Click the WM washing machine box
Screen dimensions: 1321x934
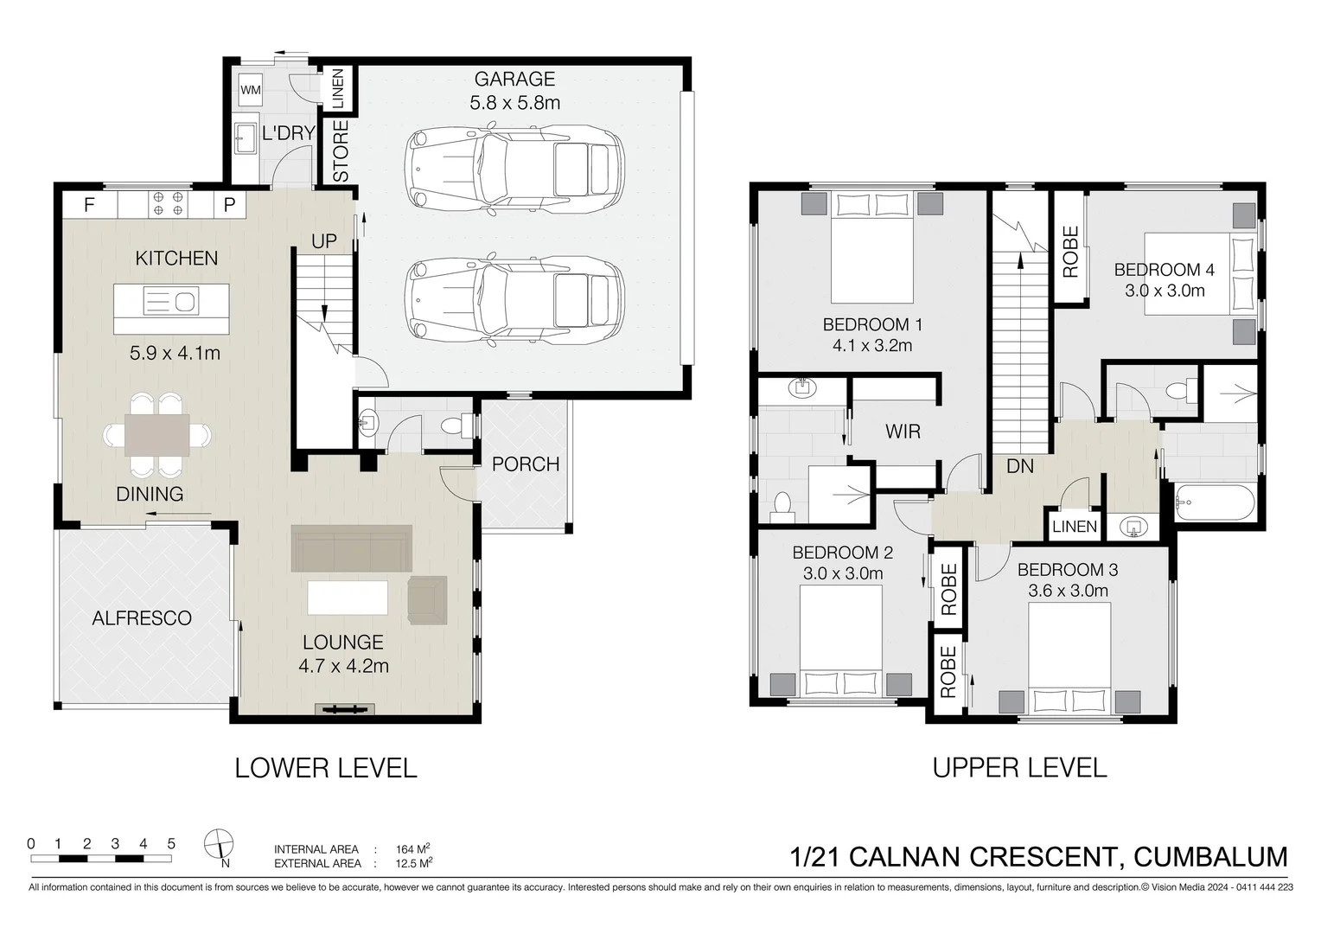251,90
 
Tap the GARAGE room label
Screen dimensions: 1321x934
514,79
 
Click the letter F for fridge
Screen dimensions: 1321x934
89,205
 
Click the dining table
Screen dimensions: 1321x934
156,435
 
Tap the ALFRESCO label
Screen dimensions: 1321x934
142,617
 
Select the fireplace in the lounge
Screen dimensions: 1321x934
345,709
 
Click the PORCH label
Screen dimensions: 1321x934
526,464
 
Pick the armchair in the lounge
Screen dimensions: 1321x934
427,600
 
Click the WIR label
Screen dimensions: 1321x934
903,432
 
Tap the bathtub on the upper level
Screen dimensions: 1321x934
1215,502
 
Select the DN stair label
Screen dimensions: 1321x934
1019,466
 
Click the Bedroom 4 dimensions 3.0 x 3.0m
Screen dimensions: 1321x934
1165,291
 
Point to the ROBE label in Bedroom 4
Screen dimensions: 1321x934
1070,252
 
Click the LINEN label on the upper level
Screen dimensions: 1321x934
1075,527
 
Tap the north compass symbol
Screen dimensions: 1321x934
219,844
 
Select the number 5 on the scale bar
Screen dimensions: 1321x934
171,844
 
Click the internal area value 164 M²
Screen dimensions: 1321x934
413,848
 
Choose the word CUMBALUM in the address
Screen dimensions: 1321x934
1210,857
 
